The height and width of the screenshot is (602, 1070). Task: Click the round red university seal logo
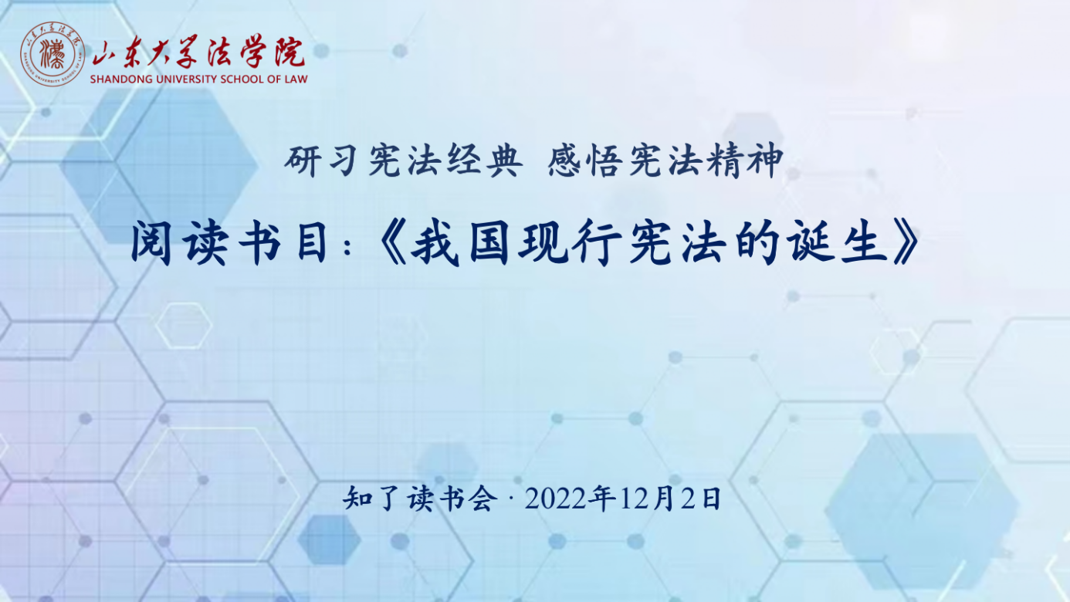52,54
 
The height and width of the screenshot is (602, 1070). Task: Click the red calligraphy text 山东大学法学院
198,51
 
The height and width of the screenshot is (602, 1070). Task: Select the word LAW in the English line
296,79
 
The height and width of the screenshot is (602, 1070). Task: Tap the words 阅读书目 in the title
230,242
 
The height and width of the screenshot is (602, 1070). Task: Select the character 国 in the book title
489,242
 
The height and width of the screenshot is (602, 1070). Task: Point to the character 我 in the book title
435,242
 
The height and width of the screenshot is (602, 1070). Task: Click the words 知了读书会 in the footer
420,499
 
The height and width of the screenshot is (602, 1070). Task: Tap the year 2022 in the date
555,499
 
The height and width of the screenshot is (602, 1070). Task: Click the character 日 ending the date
710,499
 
